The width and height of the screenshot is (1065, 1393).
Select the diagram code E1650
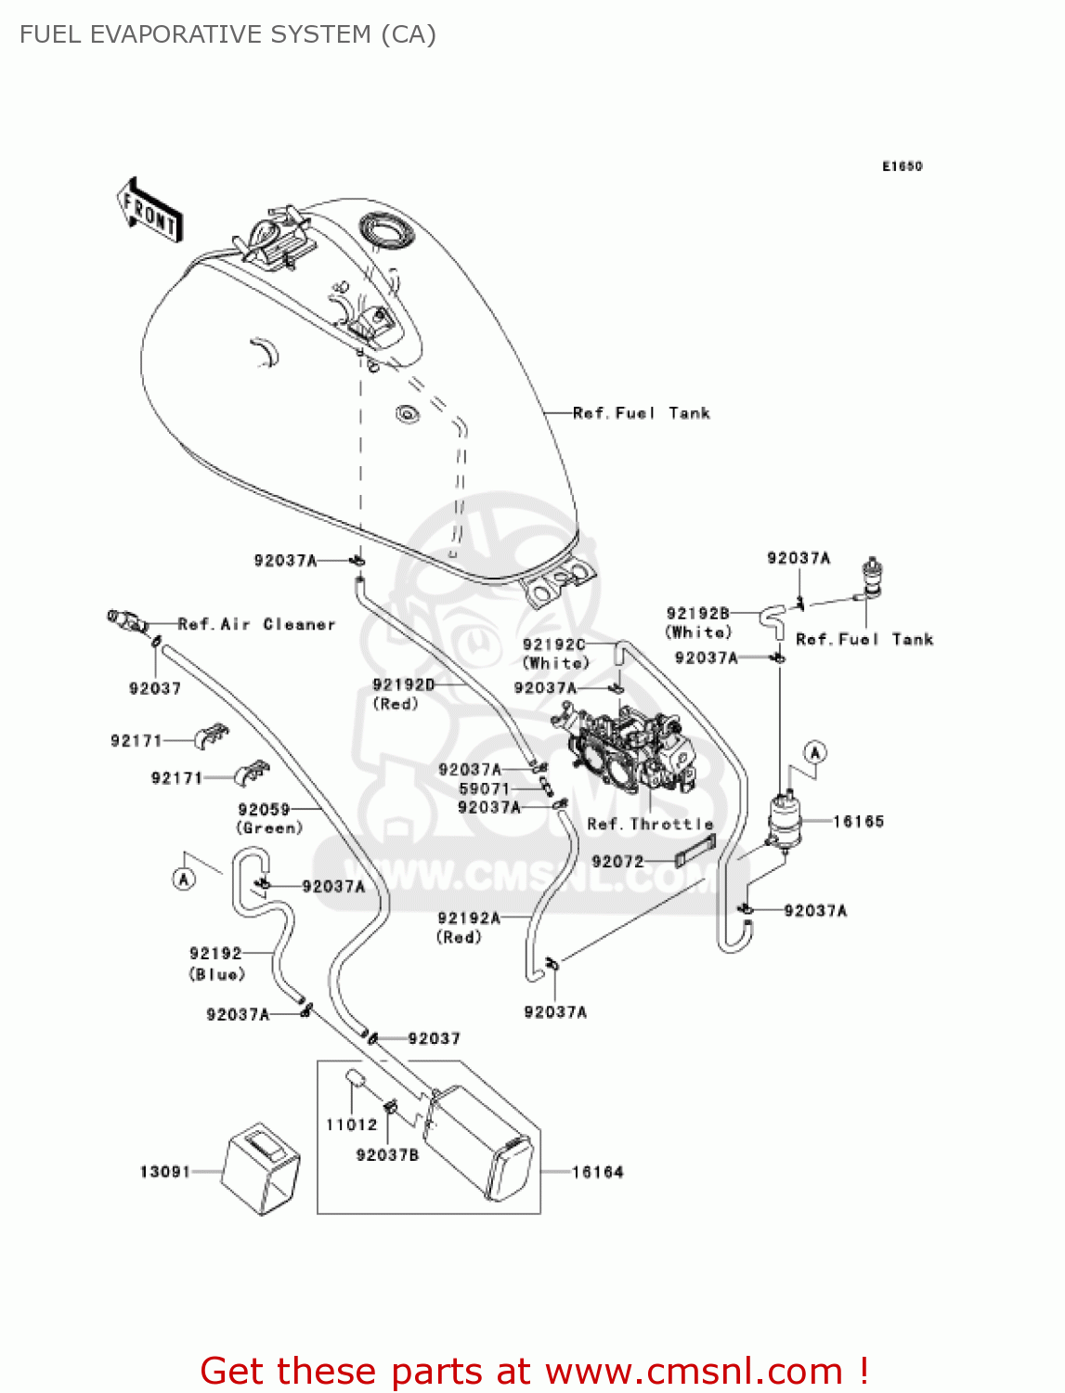point(902,166)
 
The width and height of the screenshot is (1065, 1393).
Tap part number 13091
point(164,1172)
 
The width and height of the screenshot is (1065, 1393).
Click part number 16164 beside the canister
point(597,1172)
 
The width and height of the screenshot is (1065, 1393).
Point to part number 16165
point(858,821)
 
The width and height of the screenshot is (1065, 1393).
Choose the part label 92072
point(617,862)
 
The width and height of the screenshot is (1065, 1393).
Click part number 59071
point(484,788)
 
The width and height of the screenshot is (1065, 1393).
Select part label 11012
point(351,1125)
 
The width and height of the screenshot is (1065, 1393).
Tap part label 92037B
point(387,1154)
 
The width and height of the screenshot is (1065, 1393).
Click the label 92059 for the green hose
point(264,810)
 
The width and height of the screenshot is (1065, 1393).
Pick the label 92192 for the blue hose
point(215,954)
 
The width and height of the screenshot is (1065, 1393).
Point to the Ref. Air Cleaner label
point(256,624)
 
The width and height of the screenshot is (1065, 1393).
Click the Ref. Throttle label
point(650,824)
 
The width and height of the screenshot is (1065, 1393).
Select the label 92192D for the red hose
point(403,684)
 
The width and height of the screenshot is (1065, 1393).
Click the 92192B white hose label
point(697,613)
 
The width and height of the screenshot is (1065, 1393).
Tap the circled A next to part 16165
point(814,752)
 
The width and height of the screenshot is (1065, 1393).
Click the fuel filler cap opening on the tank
point(383,228)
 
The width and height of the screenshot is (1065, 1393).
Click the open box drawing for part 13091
point(262,1168)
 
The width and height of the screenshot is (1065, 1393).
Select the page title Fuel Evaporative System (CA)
point(227,34)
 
